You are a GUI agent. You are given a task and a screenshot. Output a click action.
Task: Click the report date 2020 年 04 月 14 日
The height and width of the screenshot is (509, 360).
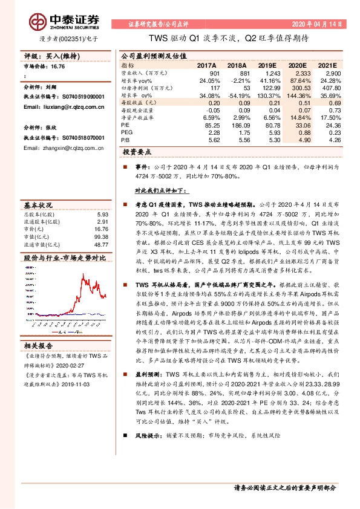tap(319, 25)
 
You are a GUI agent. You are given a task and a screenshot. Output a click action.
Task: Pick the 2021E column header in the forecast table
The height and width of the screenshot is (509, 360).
tap(327, 64)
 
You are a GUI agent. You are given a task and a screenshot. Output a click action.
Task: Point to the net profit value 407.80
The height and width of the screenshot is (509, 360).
tap(327, 88)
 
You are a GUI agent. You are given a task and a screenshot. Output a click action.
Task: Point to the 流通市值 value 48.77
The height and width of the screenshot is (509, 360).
tap(101, 244)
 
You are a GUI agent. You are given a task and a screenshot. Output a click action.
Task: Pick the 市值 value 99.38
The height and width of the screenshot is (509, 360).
tap(101, 236)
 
